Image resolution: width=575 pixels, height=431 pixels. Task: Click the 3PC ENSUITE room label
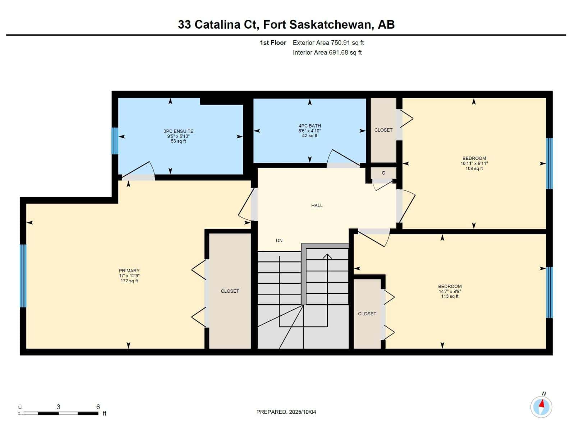pos(178,131)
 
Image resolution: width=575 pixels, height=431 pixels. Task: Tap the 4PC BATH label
pos(309,126)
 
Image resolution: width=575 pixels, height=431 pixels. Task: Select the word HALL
pos(317,205)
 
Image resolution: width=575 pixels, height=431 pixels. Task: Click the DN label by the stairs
pos(279,241)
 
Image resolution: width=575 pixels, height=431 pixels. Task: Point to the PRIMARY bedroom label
pos(129,271)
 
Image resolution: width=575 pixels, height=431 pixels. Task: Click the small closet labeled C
pos(383,173)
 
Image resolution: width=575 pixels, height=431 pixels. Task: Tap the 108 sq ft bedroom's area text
pos(474,168)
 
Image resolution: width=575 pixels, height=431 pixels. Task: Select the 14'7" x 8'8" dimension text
pos(450,292)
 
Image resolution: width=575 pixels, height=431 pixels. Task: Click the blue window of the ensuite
pos(115,141)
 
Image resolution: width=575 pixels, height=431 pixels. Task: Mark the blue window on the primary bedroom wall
pos(23,276)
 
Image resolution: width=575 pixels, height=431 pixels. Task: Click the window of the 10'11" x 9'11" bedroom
pos(549,163)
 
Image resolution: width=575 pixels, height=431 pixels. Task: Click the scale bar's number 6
pos(98,407)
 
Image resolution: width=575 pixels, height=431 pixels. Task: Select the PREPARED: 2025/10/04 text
pos(286,412)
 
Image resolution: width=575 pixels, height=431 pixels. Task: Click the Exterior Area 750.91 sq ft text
pos(328,43)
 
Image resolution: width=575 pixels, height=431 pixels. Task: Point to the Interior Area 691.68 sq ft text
pos(327,52)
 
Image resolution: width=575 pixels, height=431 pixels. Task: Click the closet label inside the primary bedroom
pos(230,291)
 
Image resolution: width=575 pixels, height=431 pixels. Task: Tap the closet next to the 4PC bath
pos(383,130)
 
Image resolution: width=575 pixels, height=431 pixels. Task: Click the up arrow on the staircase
pos(327,256)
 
